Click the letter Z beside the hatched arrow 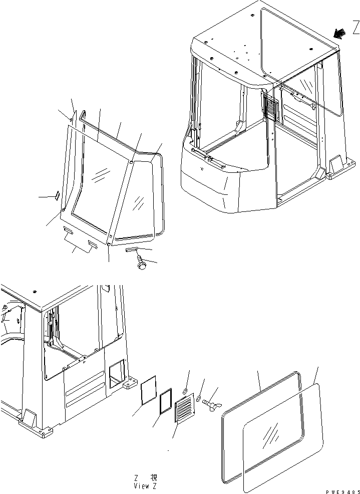click(355, 29)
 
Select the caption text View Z click(145, 485)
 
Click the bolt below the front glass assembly click(141, 264)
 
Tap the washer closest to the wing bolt click(199, 399)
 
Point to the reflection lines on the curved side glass click(139, 202)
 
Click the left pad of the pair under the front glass click(68, 232)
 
